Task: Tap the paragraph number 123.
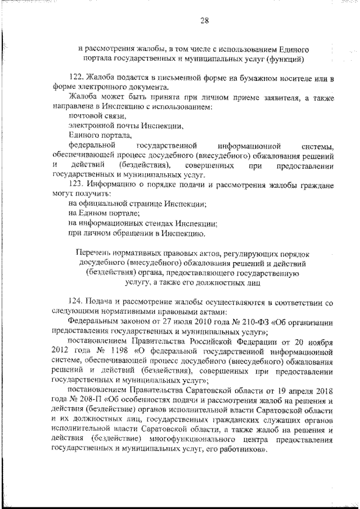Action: [75, 184]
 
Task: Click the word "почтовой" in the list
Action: [85, 116]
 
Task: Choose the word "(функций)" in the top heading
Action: [285, 58]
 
